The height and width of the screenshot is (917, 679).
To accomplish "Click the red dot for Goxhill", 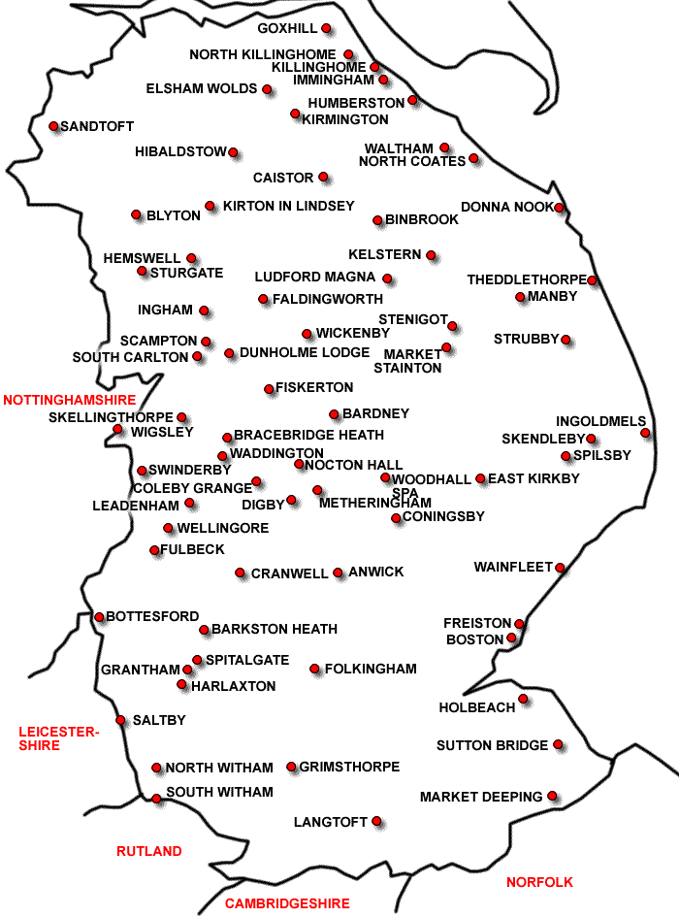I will point(326,28).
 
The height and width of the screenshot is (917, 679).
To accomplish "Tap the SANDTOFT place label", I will point(97,127).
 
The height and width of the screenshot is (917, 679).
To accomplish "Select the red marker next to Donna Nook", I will point(560,208).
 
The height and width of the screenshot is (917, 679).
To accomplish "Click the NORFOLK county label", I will point(539,882).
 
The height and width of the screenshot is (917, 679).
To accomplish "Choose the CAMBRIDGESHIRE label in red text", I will point(287,903).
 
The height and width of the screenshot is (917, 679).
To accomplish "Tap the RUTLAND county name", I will point(149,851).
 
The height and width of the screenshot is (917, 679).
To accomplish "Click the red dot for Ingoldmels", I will point(645,433).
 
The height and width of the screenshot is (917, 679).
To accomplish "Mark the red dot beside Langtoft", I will point(376,822).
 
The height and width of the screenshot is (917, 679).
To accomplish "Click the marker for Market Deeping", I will point(552,796).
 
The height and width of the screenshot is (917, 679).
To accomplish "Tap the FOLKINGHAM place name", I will point(371,669).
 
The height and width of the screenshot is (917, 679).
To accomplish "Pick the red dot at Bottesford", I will point(99,616).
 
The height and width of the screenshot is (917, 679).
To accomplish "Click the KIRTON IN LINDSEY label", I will point(289,207).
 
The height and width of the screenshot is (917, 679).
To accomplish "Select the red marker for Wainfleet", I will point(560,568).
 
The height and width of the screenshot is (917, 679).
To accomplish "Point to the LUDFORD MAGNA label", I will point(315,278).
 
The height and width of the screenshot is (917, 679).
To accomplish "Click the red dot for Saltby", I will point(121,720).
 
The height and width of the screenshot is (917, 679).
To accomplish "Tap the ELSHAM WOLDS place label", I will point(202,89).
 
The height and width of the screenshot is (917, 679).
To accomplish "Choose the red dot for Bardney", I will point(335,414).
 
